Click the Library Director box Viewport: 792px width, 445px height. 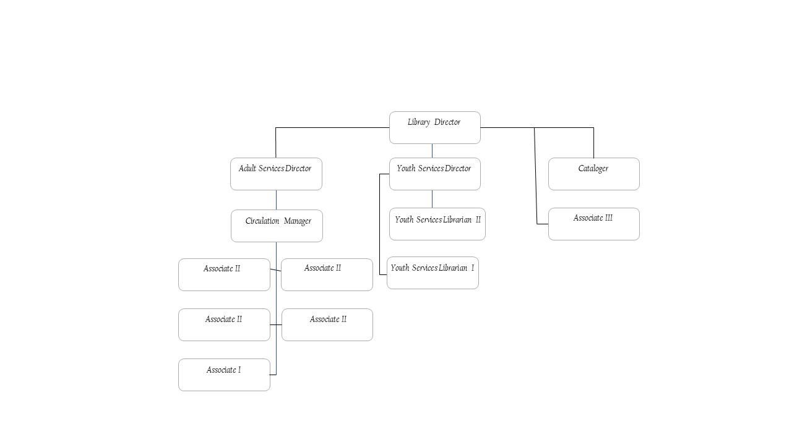(434, 128)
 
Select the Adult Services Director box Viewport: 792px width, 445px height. (276, 174)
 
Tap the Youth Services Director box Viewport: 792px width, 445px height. (434, 174)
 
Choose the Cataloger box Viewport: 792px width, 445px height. (593, 174)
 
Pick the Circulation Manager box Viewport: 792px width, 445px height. (277, 226)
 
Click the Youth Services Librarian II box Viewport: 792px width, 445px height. (437, 224)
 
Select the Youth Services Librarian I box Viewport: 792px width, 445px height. (433, 273)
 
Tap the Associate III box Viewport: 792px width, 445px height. (593, 224)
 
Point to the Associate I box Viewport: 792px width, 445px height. (224, 375)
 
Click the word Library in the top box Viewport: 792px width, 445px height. (419, 122)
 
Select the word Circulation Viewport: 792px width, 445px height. (262, 221)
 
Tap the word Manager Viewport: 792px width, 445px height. (298, 221)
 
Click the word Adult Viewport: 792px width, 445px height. (247, 169)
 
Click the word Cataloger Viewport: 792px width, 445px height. (593, 169)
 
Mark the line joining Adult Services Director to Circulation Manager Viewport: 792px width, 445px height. (276, 200)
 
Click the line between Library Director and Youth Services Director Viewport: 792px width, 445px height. (432, 151)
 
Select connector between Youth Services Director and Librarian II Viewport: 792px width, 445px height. (432, 199)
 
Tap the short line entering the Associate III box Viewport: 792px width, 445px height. (542, 224)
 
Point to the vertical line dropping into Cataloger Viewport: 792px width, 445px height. (593, 143)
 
